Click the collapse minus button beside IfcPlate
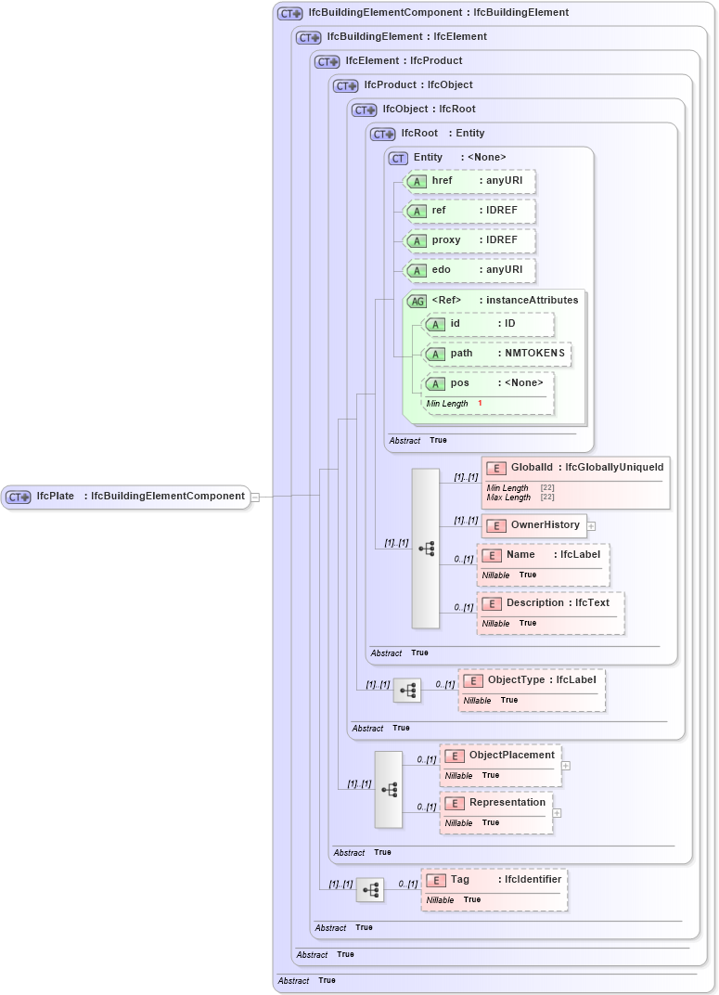[255, 497]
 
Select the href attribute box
[469, 182]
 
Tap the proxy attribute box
[469, 240]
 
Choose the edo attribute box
[469, 270]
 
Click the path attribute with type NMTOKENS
[496, 354]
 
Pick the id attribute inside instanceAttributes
[488, 324]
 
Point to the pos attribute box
[488, 383]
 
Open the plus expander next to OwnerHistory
[591, 525]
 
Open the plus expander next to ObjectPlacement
[566, 766]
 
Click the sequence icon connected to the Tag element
[370, 890]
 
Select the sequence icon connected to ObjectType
[407, 690]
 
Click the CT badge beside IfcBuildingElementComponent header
[290, 14]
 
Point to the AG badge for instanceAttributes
[417, 301]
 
